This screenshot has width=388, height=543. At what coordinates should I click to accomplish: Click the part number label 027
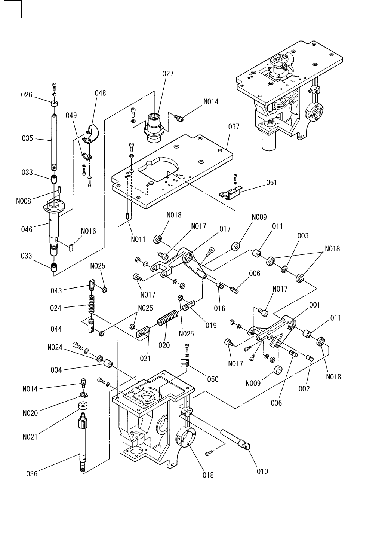click(x=168, y=74)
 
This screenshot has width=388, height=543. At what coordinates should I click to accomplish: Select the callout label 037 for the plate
click(x=234, y=128)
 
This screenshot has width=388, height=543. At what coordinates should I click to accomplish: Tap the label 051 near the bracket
click(x=271, y=183)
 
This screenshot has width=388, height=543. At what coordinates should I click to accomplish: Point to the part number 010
click(x=263, y=471)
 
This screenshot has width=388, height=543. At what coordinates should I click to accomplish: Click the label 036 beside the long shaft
click(x=32, y=474)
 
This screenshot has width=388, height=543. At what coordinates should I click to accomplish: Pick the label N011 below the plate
click(x=138, y=240)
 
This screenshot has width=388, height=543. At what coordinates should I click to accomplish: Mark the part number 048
click(x=100, y=93)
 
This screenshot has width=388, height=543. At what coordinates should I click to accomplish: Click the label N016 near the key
click(x=89, y=231)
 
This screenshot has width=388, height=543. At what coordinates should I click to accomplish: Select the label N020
click(x=30, y=413)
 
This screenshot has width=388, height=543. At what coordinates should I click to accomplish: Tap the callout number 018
click(x=208, y=475)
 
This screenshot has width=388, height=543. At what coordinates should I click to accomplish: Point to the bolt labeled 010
click(x=235, y=439)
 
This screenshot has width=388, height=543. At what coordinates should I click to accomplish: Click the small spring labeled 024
click(x=91, y=305)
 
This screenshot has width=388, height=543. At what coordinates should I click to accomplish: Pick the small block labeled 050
click(x=183, y=363)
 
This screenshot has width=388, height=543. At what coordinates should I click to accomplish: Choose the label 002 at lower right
click(x=304, y=389)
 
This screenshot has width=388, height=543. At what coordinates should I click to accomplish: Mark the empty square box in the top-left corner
click(x=13, y=9)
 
